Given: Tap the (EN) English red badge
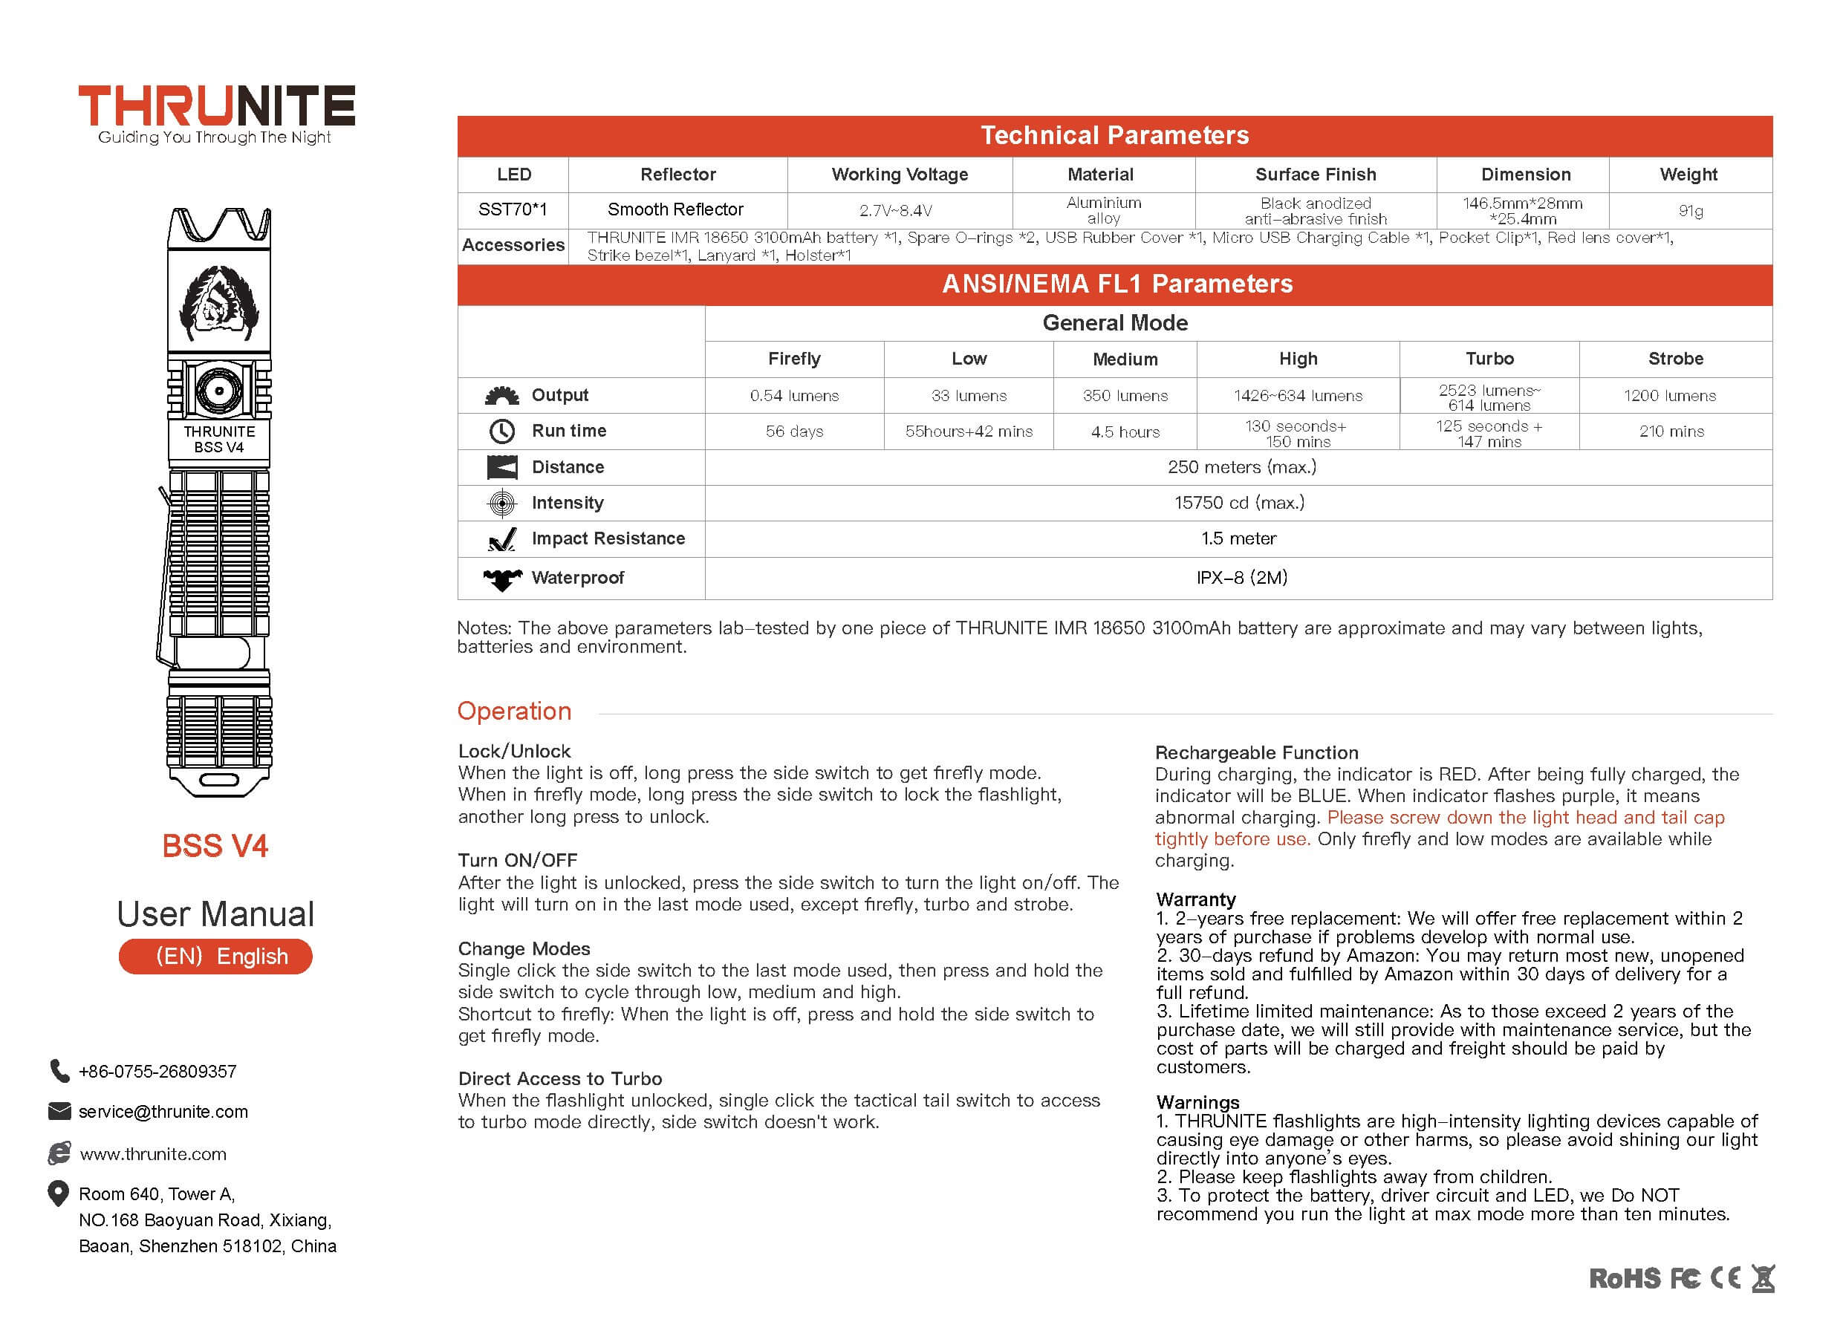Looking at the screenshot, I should [215, 956].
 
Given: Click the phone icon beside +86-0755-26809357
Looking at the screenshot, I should [59, 1070].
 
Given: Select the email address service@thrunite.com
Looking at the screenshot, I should [163, 1111].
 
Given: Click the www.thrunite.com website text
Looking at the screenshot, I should [153, 1153].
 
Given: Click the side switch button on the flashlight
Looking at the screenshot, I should [219, 391].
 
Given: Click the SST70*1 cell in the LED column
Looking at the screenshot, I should [513, 209].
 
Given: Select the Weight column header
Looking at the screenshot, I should [1688, 175].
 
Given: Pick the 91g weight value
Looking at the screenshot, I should [1690, 211].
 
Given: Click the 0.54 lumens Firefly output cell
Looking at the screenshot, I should [793, 396].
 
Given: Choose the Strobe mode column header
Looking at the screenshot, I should [1675, 359].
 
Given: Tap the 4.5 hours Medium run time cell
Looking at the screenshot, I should [1125, 432].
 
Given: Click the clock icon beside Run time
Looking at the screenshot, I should [502, 431].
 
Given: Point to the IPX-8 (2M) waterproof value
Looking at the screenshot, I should [1241, 578].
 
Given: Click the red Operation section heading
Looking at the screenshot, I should [514, 711].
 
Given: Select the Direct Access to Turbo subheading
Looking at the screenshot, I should [559, 1078].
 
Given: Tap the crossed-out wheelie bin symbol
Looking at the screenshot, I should [1762, 1278].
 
